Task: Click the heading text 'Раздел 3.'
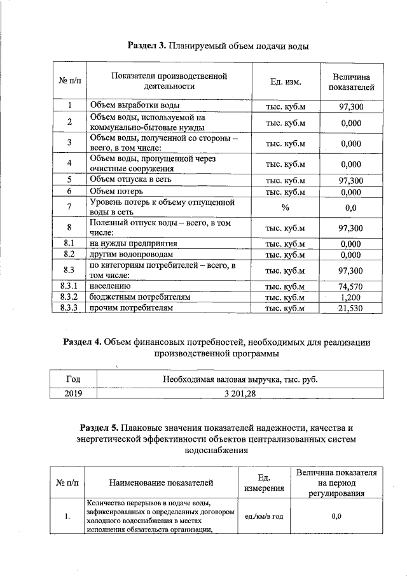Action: pos(147,46)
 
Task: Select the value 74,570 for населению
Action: pos(351,286)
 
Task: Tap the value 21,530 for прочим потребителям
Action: pos(351,308)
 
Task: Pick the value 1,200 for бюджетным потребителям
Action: pos(351,297)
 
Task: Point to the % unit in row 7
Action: pos(285,207)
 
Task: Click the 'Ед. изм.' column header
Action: pos(285,82)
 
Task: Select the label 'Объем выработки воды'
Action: pos(134,106)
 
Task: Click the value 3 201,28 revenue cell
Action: pos(239,393)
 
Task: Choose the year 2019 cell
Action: pos(73,393)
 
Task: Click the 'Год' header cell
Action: pos(73,379)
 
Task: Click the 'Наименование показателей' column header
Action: pos(160,484)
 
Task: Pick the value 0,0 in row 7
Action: pos(351,207)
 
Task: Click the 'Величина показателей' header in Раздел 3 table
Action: pos(351,82)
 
